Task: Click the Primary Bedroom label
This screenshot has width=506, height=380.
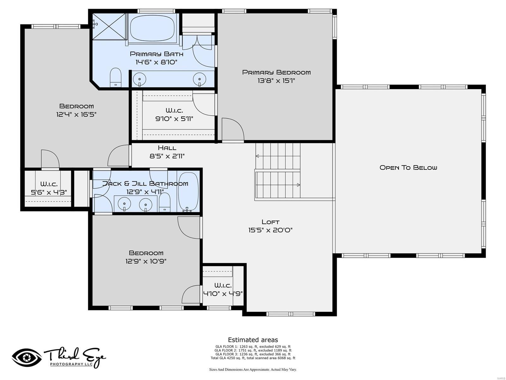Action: (x=276, y=73)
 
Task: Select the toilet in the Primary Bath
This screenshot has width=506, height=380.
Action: (x=115, y=78)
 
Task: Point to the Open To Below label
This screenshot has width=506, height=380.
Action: (x=408, y=168)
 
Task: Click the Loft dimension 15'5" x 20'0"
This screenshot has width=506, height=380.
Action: (x=270, y=230)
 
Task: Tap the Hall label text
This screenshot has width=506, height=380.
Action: (x=167, y=148)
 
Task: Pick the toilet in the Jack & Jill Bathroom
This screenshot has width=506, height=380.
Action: (x=164, y=202)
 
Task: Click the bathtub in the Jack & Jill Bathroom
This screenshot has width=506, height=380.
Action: (x=188, y=192)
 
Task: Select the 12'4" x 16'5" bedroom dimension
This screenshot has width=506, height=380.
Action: (x=76, y=114)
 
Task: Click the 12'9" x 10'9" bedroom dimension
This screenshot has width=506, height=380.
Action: (x=146, y=261)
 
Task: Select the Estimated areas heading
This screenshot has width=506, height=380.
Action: (x=253, y=340)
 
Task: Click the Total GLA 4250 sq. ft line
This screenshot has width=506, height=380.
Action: (x=253, y=358)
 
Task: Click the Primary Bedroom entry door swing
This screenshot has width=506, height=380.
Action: (x=233, y=129)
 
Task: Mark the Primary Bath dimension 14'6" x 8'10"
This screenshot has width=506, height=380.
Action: (x=157, y=62)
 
